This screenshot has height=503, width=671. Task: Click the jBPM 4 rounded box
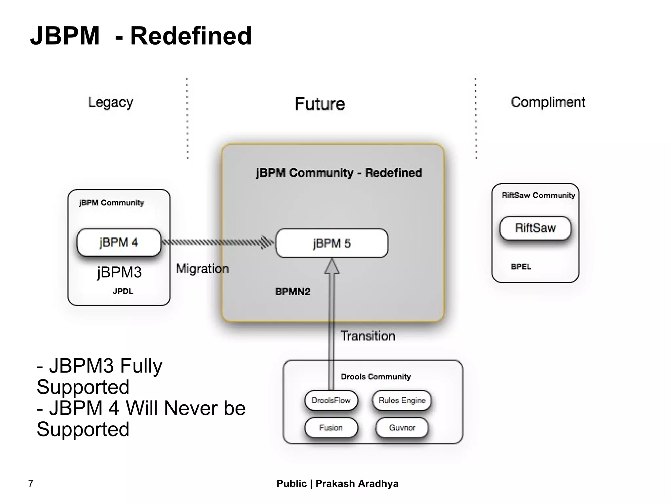pyautogui.click(x=119, y=242)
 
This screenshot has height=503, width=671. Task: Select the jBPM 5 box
pyautogui.click(x=332, y=243)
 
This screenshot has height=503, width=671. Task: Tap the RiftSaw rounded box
pyautogui.click(x=535, y=228)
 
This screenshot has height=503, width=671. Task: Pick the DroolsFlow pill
pyautogui.click(x=331, y=400)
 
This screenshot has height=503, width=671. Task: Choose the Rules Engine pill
pyautogui.click(x=402, y=400)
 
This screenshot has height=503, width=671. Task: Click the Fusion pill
pyautogui.click(x=331, y=428)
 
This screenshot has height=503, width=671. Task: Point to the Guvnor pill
pyautogui.click(x=402, y=428)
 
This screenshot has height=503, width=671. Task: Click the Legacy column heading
pyautogui.click(x=111, y=103)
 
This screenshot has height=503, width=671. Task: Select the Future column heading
pyautogui.click(x=320, y=104)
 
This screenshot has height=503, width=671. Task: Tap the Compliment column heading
pyautogui.click(x=548, y=103)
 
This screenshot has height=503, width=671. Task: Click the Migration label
pyautogui.click(x=202, y=268)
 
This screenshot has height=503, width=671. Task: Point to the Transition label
pyautogui.click(x=368, y=336)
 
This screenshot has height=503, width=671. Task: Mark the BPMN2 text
pyautogui.click(x=292, y=292)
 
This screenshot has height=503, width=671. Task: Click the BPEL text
pyautogui.click(x=521, y=266)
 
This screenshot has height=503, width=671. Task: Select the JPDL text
pyautogui.click(x=123, y=291)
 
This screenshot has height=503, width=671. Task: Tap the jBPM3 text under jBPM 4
pyautogui.click(x=119, y=272)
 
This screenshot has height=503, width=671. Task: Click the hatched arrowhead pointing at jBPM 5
pyautogui.click(x=267, y=242)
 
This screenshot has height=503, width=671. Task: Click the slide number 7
pyautogui.click(x=31, y=483)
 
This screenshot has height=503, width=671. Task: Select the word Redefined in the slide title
pyautogui.click(x=191, y=36)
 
